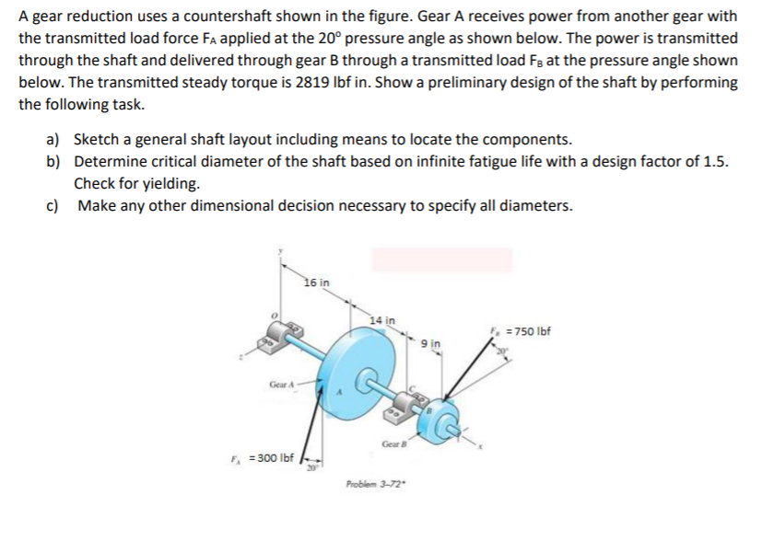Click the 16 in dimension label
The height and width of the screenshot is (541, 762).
(317, 281)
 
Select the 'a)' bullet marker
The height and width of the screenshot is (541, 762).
(53, 140)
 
